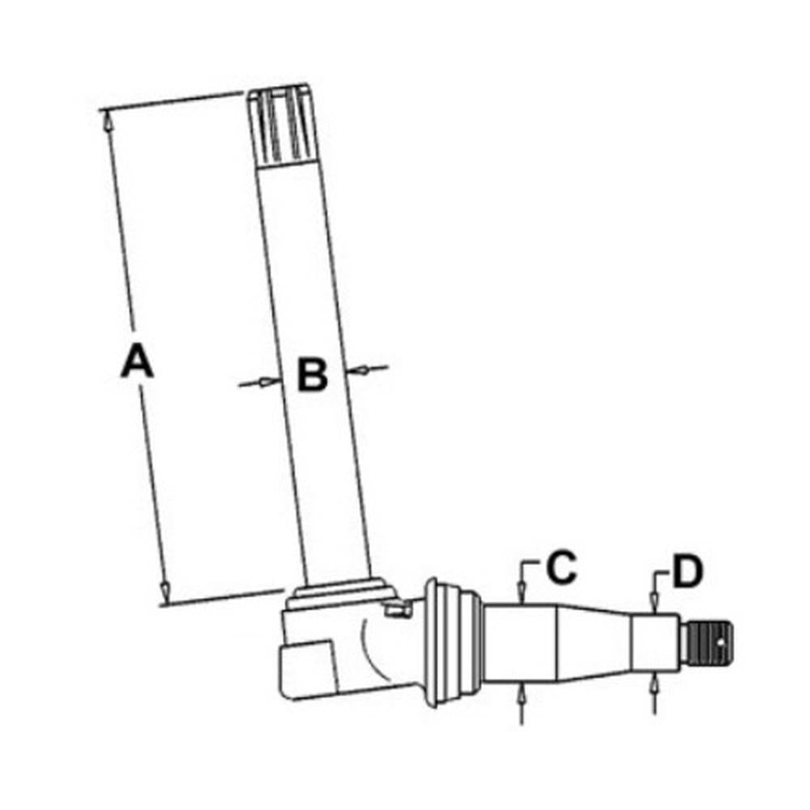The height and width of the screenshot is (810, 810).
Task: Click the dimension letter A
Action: (137, 361)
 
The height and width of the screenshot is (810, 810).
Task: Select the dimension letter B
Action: (311, 375)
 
